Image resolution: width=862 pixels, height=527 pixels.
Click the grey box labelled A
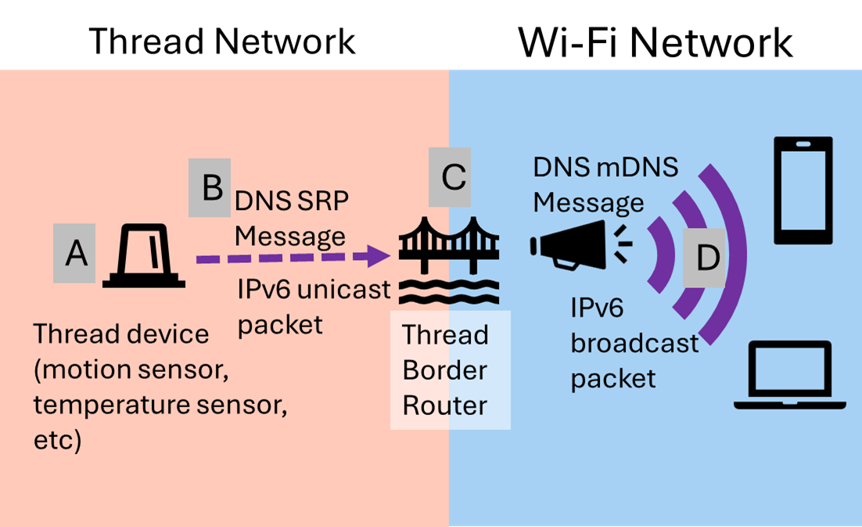(x=74, y=253)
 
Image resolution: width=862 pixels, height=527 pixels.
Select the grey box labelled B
(x=210, y=188)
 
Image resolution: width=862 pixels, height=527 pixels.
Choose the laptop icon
(x=790, y=376)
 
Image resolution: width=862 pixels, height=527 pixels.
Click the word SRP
(x=320, y=202)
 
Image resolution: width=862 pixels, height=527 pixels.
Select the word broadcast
(x=634, y=343)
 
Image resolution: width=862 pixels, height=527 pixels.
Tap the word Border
(x=444, y=370)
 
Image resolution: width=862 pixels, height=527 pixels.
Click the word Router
(x=444, y=406)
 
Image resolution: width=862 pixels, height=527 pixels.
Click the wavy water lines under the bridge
(x=449, y=292)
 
